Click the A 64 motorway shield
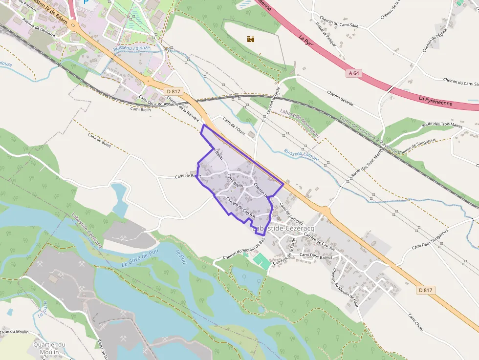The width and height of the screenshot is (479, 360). tap(354, 73)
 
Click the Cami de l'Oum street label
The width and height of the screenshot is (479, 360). tap(233, 127)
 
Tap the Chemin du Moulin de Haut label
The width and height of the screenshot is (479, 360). tap(345, 288)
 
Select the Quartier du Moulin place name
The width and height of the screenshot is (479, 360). tap(49, 348)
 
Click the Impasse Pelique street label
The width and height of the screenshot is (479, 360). tap(327, 34)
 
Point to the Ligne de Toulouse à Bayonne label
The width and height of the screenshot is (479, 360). tap(369, 135)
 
